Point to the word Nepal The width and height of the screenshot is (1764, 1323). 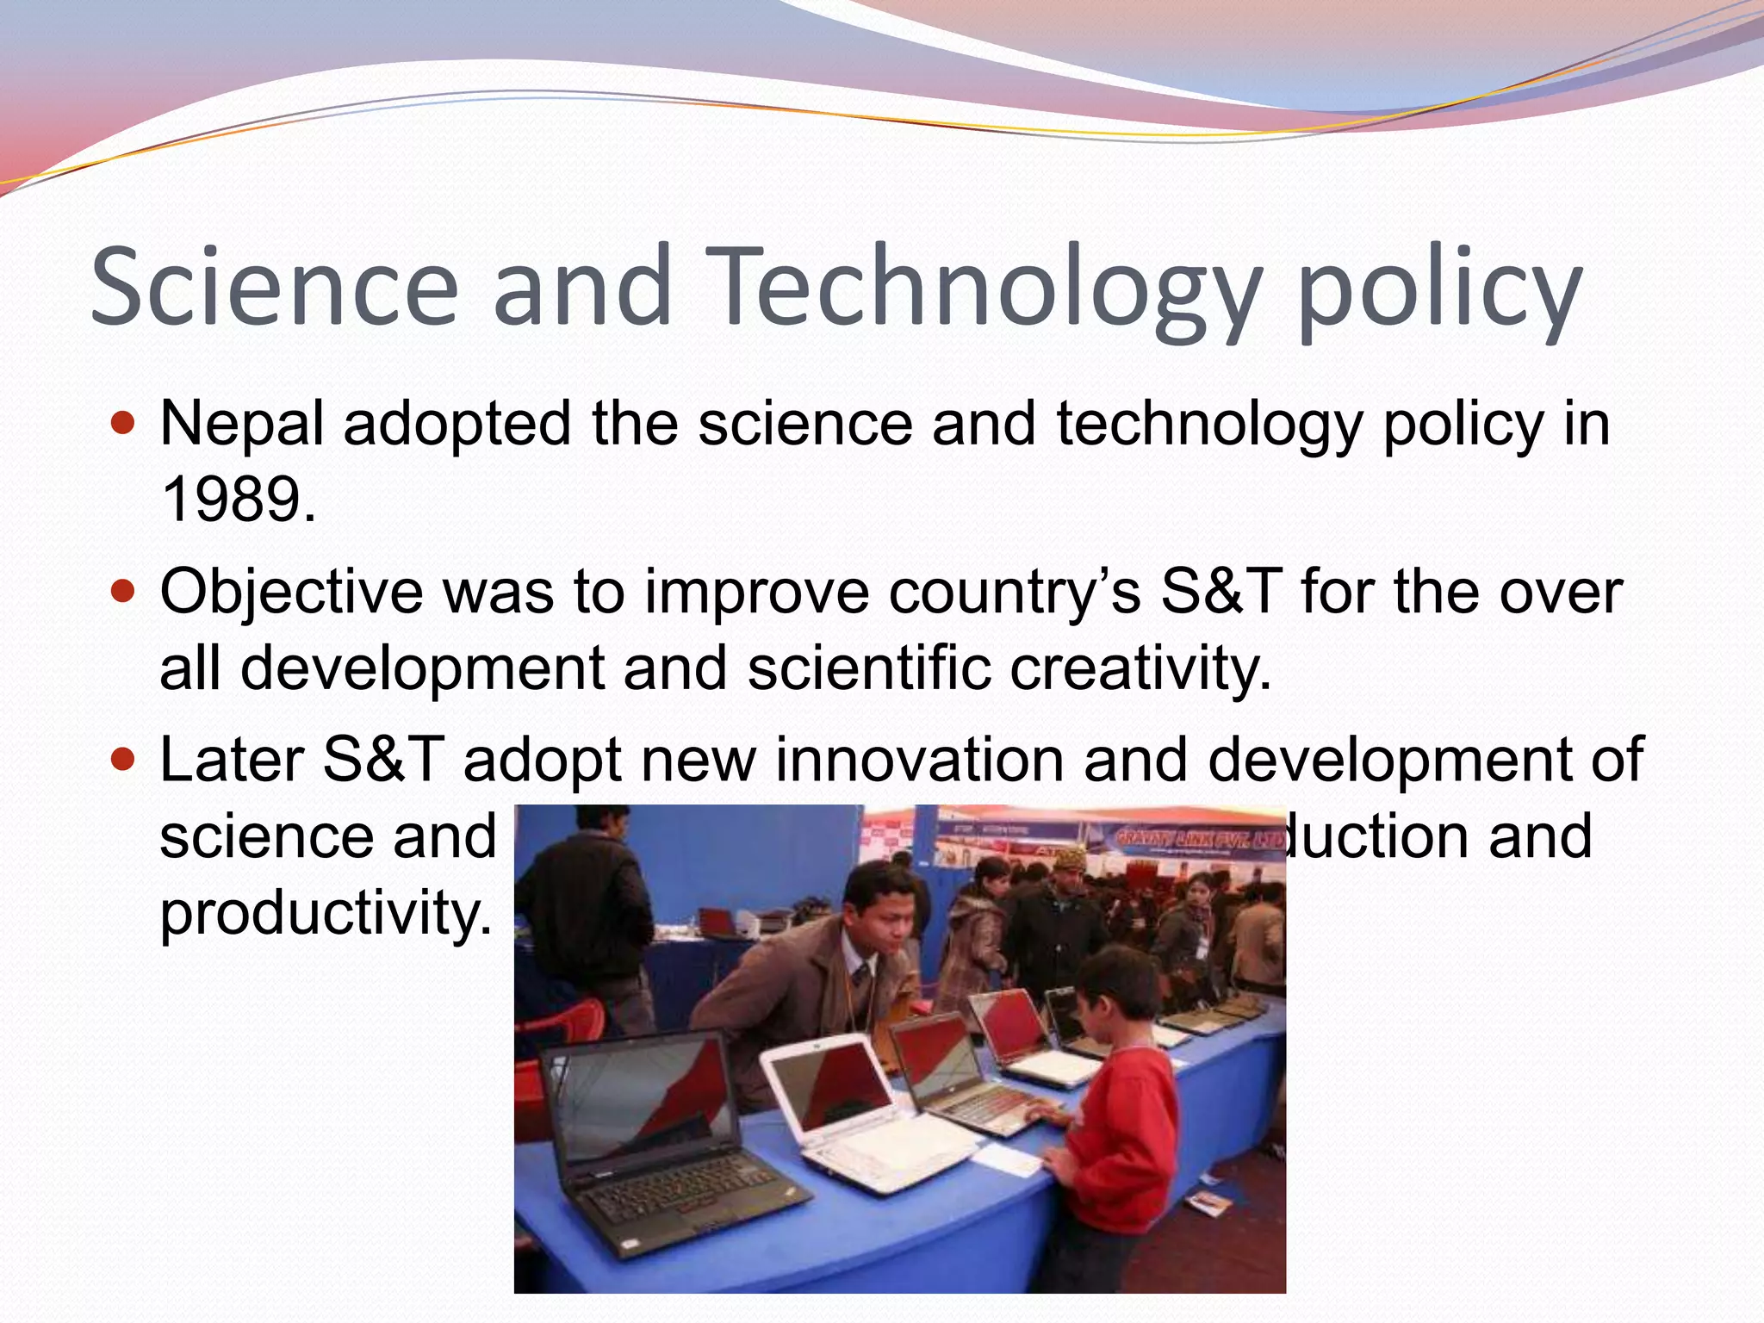242,424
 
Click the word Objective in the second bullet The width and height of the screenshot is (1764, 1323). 291,593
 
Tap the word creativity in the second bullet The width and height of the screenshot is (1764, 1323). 1140,668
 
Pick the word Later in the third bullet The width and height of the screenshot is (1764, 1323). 232,760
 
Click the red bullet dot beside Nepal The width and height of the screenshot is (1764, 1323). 124,424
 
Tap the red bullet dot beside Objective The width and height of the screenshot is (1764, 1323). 124,592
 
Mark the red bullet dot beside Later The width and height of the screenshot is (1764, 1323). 124,760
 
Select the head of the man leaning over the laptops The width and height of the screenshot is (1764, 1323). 879,913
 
